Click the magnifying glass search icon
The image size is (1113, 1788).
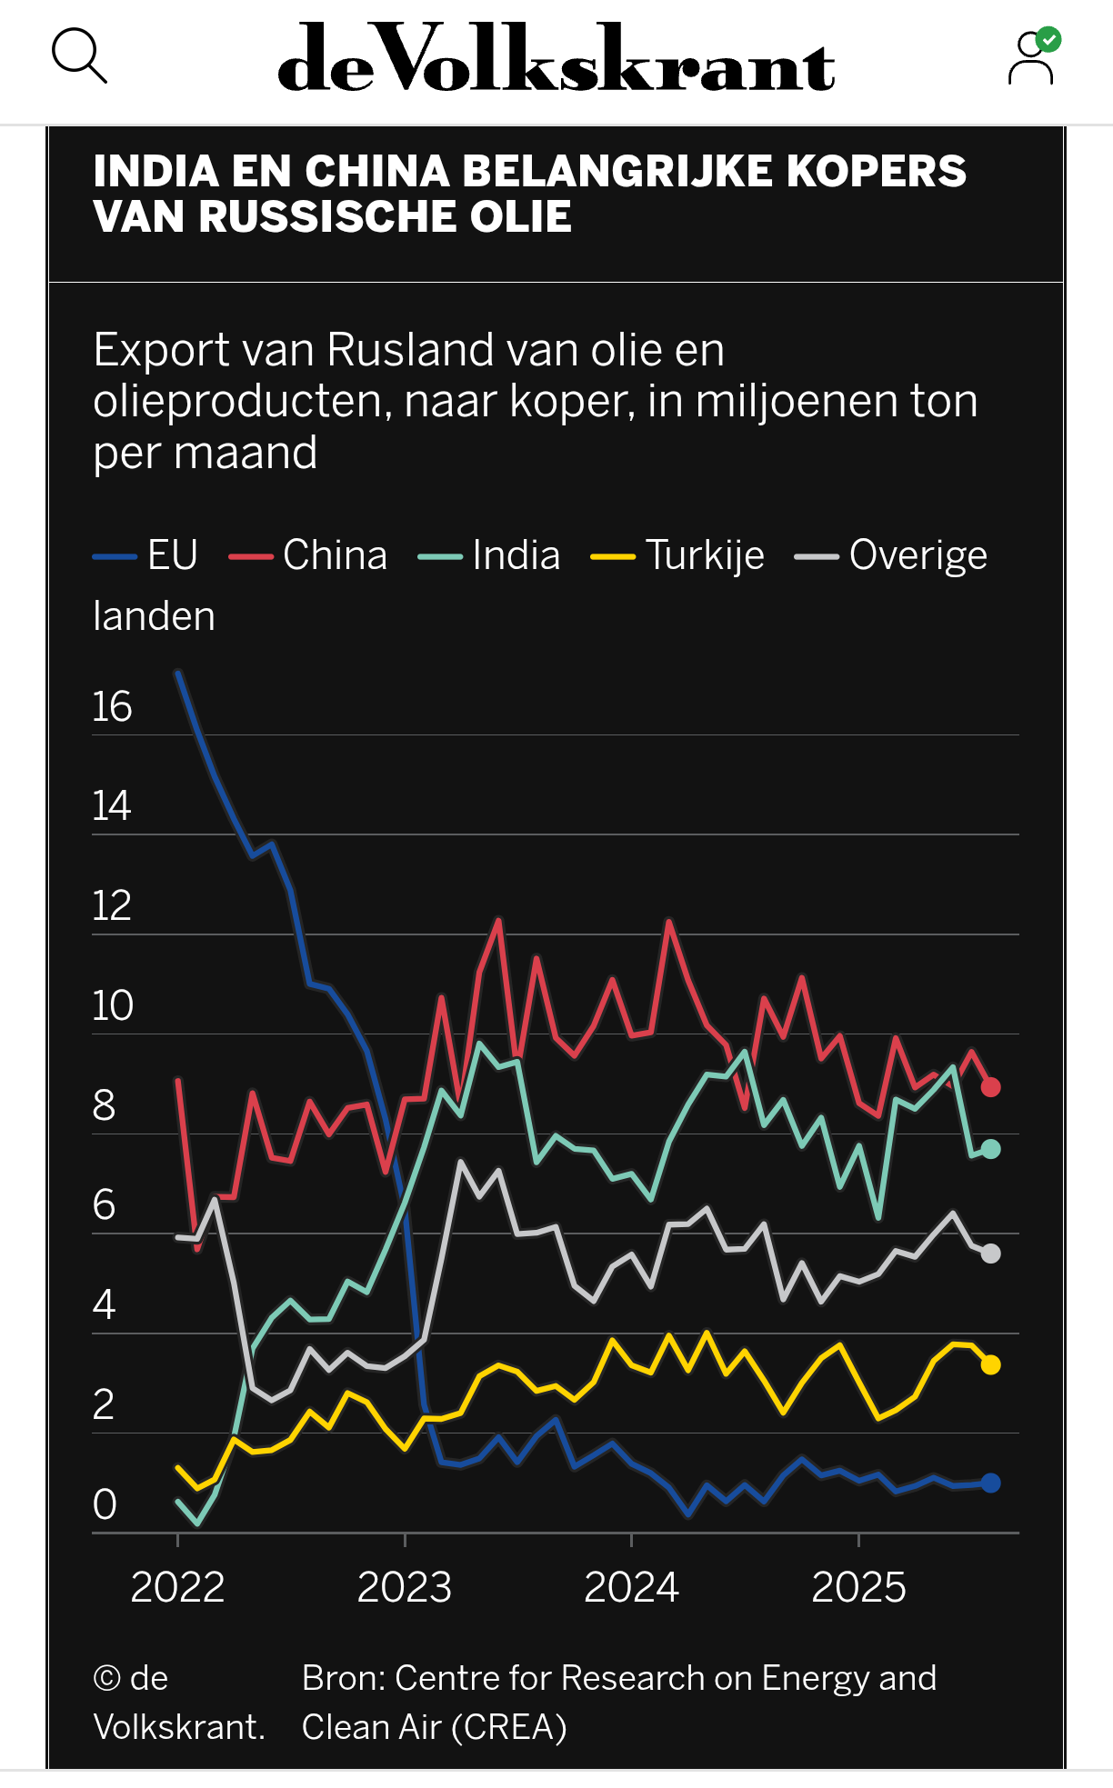pos(79,56)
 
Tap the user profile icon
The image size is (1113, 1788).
pos(1032,57)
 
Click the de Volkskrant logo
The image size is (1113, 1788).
pos(556,59)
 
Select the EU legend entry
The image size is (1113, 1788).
pos(146,555)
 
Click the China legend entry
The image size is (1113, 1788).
pos(309,555)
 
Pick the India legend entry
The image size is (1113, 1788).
pos(490,555)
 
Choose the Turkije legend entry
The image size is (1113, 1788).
pos(678,555)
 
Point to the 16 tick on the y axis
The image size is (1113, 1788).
pos(112,707)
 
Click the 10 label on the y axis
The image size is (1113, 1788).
pos(112,1006)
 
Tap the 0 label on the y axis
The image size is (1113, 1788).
pos(105,1504)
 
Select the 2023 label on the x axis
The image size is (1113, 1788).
pos(405,1588)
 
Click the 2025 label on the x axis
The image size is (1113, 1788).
pos(858,1588)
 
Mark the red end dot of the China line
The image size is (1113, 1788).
pos(990,1087)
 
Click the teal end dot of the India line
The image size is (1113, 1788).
pos(990,1150)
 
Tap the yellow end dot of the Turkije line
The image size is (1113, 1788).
pos(990,1364)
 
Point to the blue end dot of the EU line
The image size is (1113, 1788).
pos(990,1483)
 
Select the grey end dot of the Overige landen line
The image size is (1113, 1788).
pos(990,1254)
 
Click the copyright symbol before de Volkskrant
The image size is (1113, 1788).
pos(106,1678)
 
